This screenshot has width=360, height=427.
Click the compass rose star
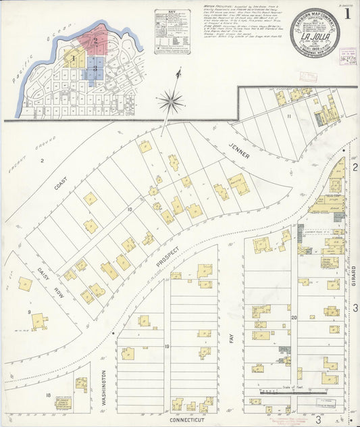[172, 103]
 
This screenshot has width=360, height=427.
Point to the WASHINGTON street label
[105, 386]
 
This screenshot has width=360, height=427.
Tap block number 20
[294, 317]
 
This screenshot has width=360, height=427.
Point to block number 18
[48, 395]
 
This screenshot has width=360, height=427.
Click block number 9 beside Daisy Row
[30, 311]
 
